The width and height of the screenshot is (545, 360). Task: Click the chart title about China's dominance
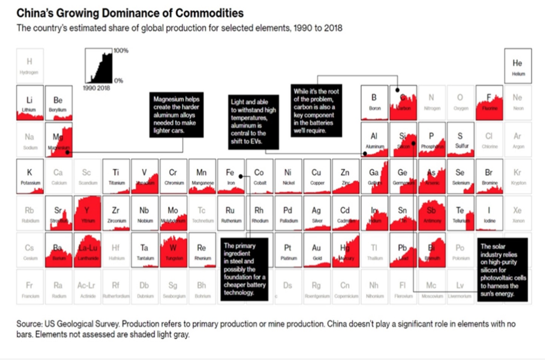click(x=130, y=12)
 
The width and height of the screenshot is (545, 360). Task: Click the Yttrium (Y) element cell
click(x=87, y=212)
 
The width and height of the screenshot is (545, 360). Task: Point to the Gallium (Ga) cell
click(x=374, y=176)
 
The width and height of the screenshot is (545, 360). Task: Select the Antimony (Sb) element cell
click(x=432, y=212)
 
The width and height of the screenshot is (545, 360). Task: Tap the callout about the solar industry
click(x=502, y=269)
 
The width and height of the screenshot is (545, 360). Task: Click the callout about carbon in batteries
click(x=316, y=111)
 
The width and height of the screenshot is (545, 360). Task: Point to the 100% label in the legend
click(x=121, y=51)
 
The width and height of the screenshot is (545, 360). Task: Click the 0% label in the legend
click(x=118, y=81)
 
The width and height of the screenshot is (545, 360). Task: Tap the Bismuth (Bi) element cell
click(x=432, y=250)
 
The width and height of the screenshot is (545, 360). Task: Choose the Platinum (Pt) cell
click(x=288, y=250)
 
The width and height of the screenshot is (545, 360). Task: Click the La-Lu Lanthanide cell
click(x=87, y=250)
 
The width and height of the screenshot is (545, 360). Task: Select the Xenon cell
click(x=517, y=212)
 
